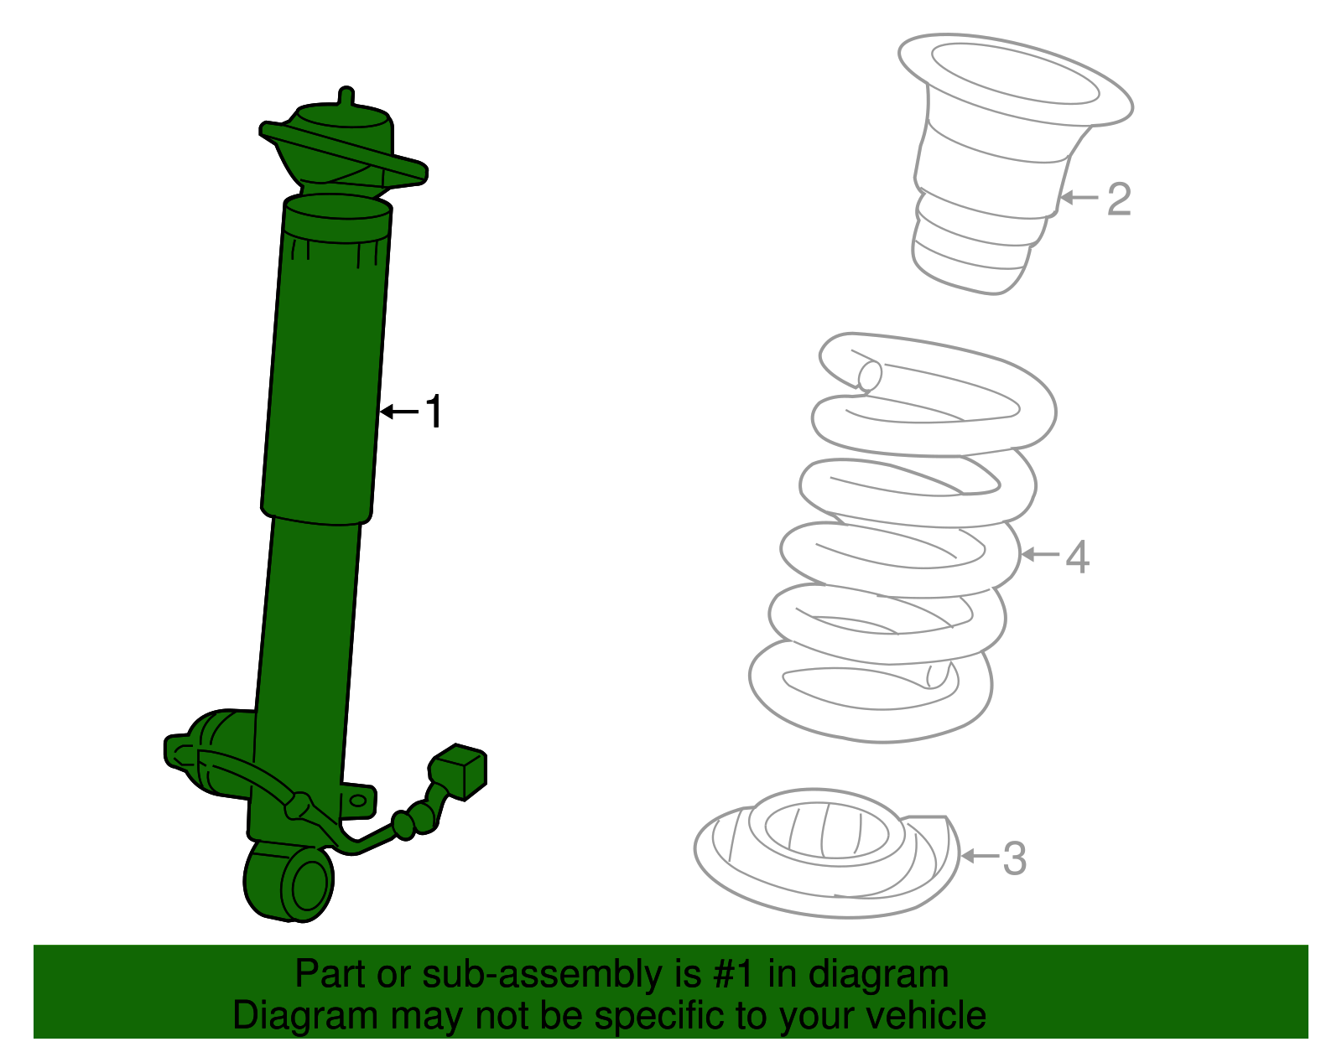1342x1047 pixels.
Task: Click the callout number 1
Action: pyautogui.click(x=433, y=412)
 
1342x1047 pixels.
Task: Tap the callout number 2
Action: pyautogui.click(x=1119, y=200)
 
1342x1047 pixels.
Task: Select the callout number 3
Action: pyautogui.click(x=1015, y=858)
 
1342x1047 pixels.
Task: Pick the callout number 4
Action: pyautogui.click(x=1077, y=557)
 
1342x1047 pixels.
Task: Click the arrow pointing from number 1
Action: pyautogui.click(x=399, y=412)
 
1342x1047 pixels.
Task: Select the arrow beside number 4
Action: pyautogui.click(x=1039, y=555)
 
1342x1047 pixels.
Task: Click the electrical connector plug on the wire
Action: pyautogui.click(x=459, y=770)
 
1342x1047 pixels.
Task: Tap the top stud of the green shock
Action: pyautogui.click(x=346, y=96)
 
